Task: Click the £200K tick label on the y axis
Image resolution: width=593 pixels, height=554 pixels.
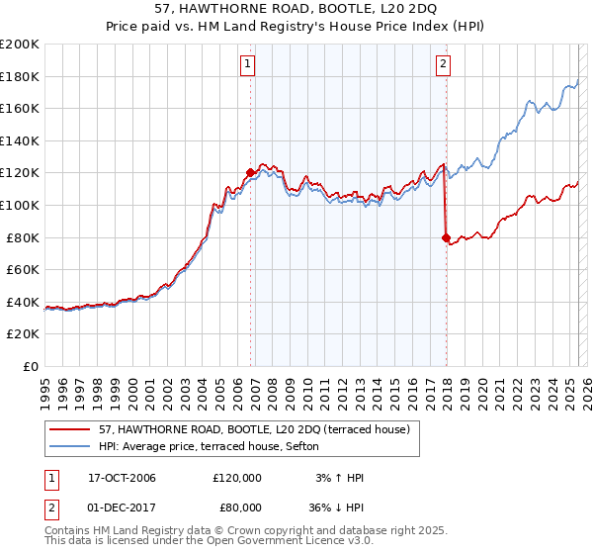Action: coord(20,45)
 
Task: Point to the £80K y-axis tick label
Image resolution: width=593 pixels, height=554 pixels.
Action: coord(24,237)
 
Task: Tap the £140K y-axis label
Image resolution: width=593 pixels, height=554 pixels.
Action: coord(20,141)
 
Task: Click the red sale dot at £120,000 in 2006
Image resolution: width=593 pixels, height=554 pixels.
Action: coord(250,173)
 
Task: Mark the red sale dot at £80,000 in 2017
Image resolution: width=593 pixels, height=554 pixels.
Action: coord(446,237)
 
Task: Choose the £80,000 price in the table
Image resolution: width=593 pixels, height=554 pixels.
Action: coord(237,509)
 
